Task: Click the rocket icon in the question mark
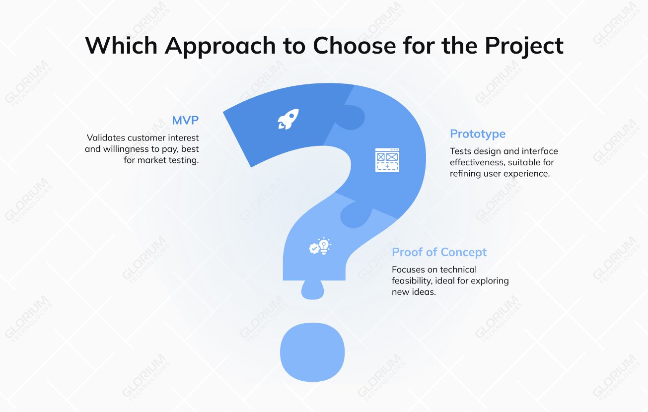click(288, 119)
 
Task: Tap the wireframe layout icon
click(387, 160)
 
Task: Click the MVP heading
click(185, 120)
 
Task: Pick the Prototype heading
click(478, 134)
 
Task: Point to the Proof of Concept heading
click(439, 252)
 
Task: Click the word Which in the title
click(121, 46)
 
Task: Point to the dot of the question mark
click(312, 352)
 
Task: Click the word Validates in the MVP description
click(106, 137)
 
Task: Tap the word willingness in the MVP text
click(126, 149)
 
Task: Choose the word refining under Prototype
click(466, 174)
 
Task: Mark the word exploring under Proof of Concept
click(489, 281)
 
